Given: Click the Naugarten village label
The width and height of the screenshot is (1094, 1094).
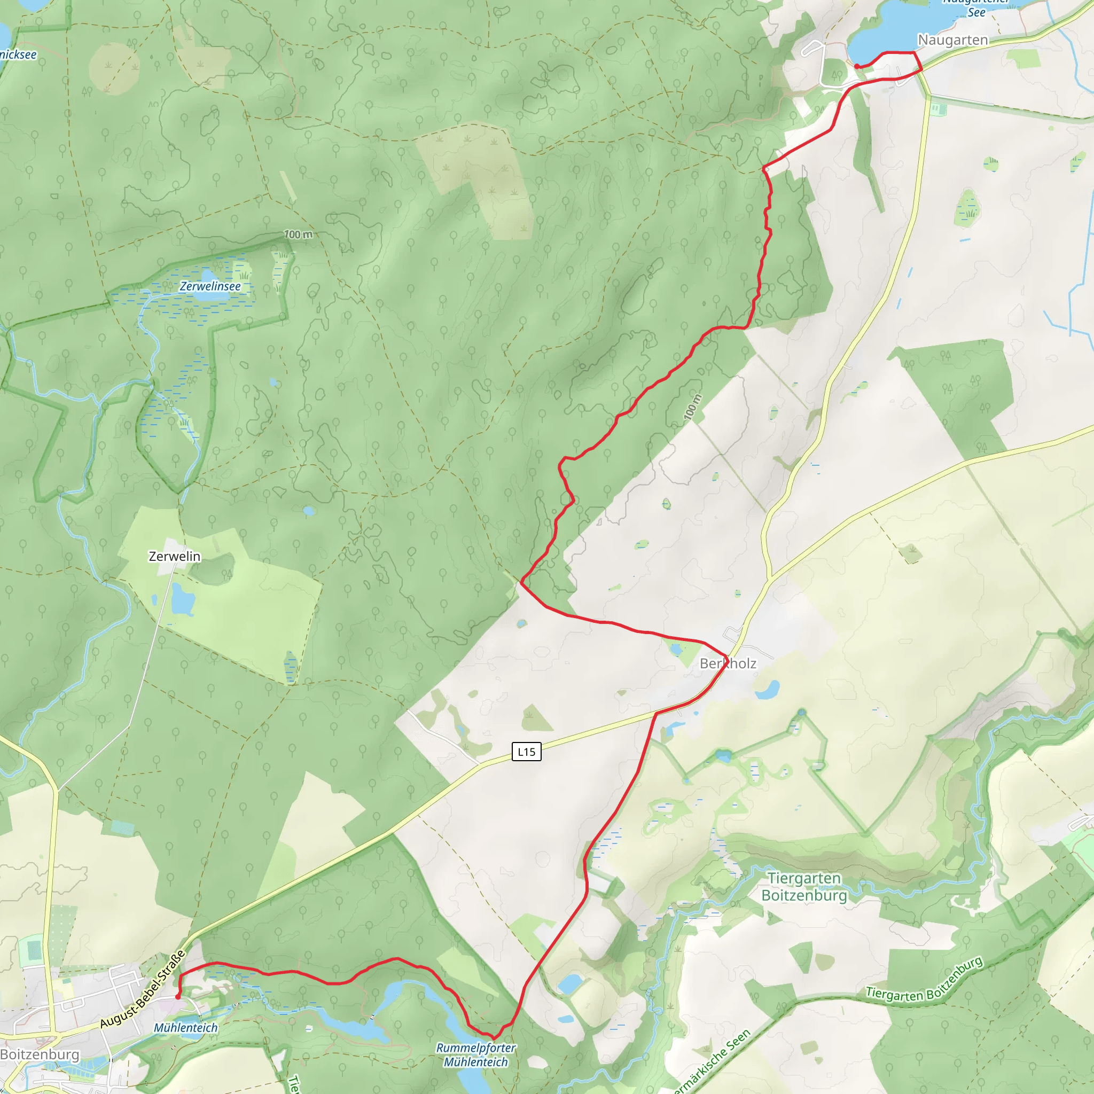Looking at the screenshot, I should (x=952, y=40).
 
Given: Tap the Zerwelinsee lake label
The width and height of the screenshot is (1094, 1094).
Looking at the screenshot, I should (x=210, y=286).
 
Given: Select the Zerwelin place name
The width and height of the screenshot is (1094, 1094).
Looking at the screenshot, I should (x=174, y=557).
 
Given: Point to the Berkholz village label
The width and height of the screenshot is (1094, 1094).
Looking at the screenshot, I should (x=728, y=663).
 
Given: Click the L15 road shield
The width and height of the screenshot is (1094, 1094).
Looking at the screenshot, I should (x=526, y=752).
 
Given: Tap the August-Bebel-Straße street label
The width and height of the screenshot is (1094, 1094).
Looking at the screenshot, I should (x=143, y=989).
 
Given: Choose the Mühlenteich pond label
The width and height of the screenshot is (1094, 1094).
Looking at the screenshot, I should (x=186, y=1028).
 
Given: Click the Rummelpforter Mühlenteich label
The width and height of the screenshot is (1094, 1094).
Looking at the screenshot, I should (x=475, y=1055).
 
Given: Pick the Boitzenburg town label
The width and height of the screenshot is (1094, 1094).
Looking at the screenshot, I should (x=40, y=1054).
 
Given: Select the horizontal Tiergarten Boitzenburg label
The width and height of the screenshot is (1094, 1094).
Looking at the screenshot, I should (x=804, y=887).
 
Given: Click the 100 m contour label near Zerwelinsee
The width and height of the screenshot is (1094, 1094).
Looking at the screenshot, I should (x=298, y=235).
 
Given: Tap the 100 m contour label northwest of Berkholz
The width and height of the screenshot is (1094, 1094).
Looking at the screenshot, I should (x=692, y=407).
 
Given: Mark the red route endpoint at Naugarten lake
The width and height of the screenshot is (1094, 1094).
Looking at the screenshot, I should (x=857, y=66).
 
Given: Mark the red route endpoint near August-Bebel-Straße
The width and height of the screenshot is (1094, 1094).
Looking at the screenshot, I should (x=178, y=997).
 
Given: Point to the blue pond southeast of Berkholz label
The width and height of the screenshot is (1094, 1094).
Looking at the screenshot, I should (x=767, y=690).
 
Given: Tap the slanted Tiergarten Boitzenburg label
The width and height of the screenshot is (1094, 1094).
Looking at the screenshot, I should (x=924, y=980).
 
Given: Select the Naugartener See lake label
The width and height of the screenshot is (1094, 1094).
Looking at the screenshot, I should (x=975, y=7).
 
